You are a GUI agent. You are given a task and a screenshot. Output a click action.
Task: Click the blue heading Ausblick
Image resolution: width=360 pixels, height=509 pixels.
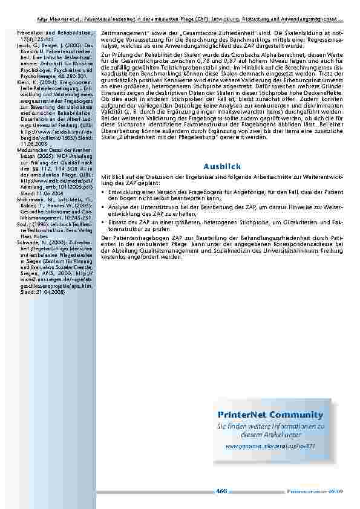coord(222,166)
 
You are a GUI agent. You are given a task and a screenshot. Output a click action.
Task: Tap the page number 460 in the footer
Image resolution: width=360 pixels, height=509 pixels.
coord(221,491)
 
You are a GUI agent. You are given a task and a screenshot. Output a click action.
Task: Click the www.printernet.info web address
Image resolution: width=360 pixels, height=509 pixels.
coord(270,446)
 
